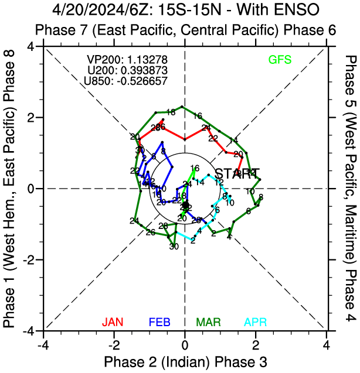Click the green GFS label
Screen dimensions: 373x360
[x=280, y=59]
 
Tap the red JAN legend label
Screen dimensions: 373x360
[x=113, y=338]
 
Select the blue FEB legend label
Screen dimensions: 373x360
[x=160, y=338]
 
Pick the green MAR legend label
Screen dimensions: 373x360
[x=208, y=338]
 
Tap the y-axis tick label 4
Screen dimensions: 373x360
[x=36, y=46]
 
